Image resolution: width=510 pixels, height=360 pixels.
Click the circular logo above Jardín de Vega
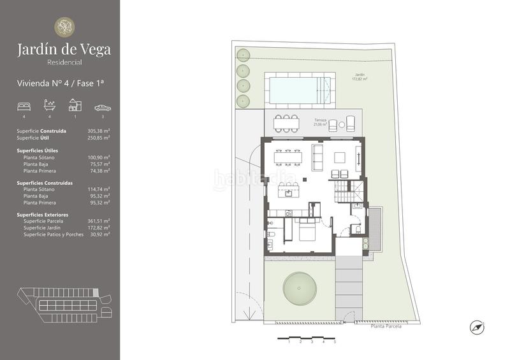click(64, 27)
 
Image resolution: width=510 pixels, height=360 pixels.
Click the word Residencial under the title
click(64, 62)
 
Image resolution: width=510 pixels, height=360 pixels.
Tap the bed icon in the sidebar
click(24, 106)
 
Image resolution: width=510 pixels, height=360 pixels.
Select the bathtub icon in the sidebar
click(50, 105)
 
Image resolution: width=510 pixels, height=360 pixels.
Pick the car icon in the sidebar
click(102, 107)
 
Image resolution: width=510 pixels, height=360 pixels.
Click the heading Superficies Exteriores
click(43, 215)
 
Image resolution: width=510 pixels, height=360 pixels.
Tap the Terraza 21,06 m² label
click(320, 122)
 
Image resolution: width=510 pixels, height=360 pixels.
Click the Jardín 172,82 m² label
click(361, 77)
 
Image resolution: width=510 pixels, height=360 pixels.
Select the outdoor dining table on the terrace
click(286, 121)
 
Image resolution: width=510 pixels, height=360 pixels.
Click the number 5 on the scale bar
click(334, 342)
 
